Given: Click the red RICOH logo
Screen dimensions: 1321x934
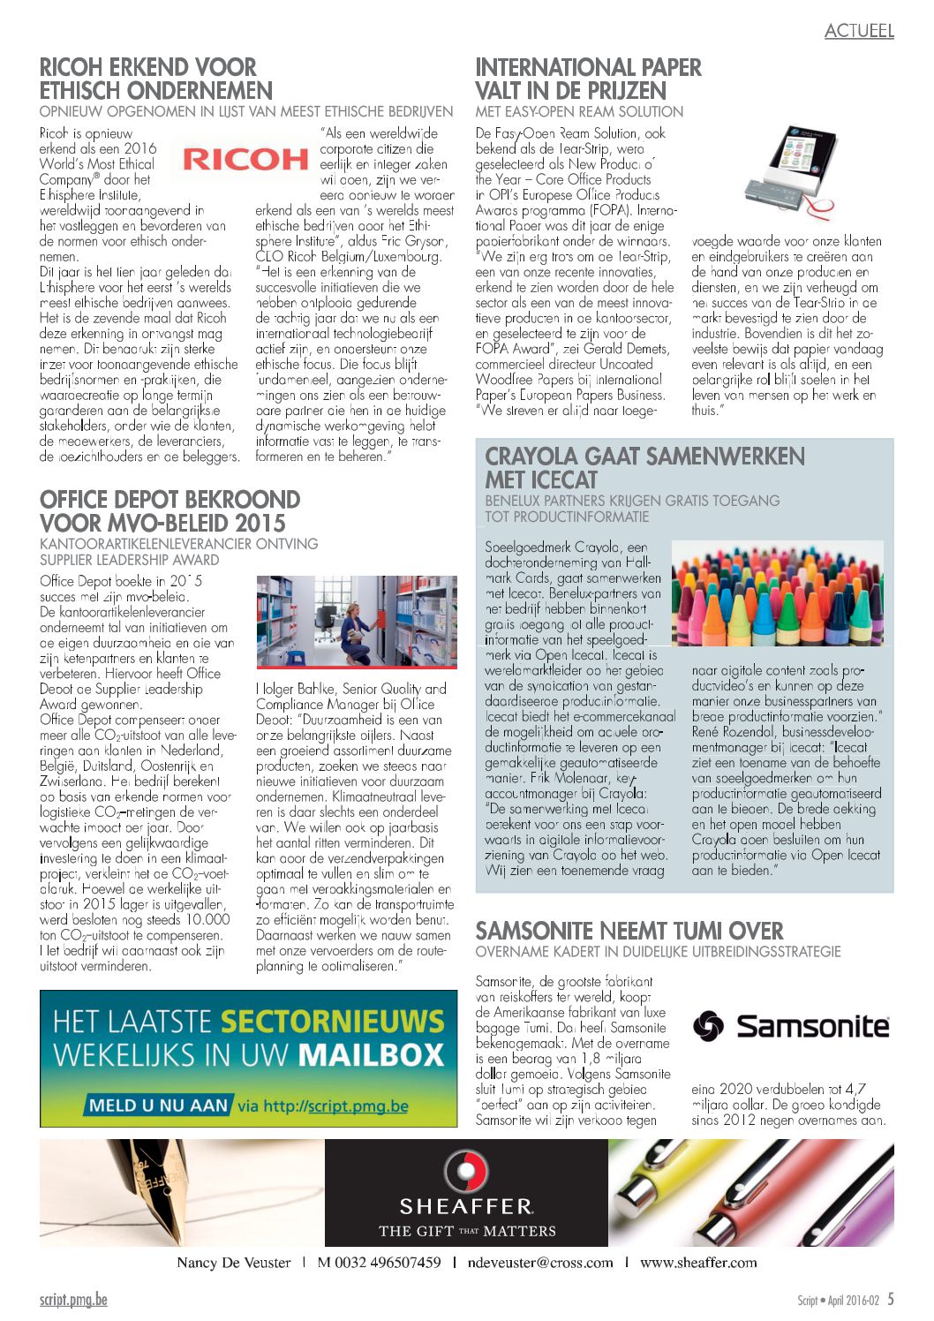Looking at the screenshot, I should (245, 159).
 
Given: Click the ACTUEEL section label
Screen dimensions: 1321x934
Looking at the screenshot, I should (859, 31).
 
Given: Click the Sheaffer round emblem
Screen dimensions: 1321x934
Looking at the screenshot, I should (465, 1171).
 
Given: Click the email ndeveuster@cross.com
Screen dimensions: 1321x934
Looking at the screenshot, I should (539, 1262).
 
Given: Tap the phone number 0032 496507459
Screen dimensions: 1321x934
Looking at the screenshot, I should (379, 1262).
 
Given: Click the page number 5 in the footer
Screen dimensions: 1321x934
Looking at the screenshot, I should (891, 1299).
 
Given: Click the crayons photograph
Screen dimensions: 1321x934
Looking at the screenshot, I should (777, 593).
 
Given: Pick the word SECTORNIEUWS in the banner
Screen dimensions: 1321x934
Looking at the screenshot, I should (332, 1022).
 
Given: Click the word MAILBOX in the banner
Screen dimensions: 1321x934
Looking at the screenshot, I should (371, 1055).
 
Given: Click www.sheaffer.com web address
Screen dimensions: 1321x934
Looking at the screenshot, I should (698, 1262).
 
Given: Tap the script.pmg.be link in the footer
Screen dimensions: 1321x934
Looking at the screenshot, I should (73, 1299).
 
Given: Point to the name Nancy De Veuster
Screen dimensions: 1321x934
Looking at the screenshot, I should (233, 1262).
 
